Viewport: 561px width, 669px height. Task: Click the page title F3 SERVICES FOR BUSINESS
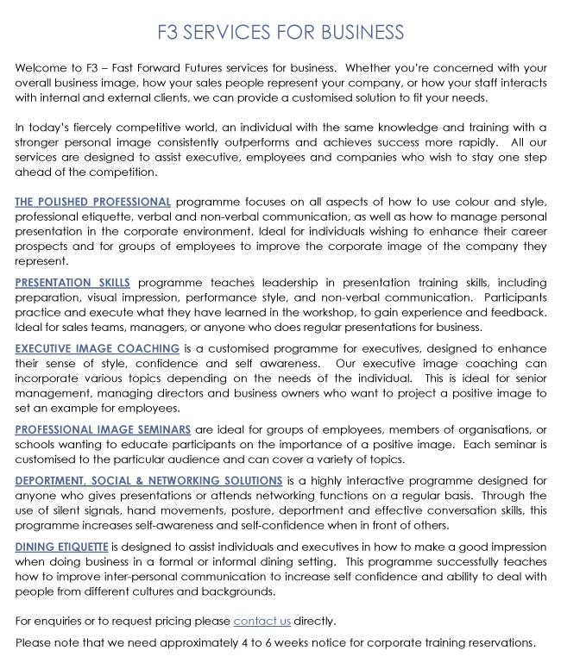[280, 33]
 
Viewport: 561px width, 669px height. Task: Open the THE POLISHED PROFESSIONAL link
[93, 203]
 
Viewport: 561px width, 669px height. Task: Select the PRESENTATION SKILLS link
[72, 283]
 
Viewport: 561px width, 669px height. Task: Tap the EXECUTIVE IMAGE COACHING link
[98, 348]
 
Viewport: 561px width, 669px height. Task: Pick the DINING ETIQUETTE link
[61, 547]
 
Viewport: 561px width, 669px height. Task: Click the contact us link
[262, 621]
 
